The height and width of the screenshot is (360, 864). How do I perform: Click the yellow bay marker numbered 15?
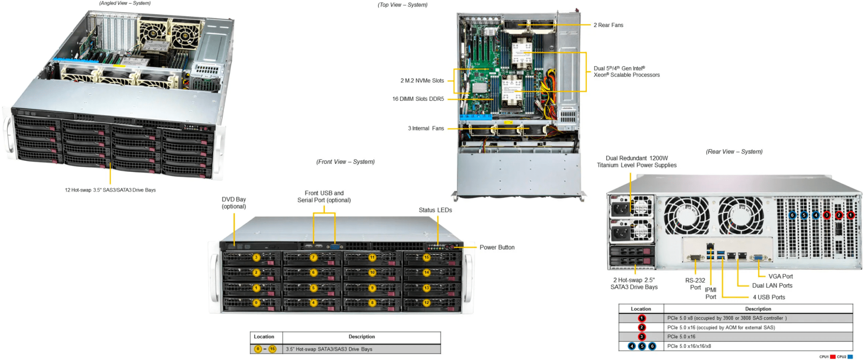click(x=427, y=257)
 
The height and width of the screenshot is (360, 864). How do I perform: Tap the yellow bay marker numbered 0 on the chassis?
click(x=256, y=303)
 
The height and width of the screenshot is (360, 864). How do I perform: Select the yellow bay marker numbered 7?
click(x=313, y=257)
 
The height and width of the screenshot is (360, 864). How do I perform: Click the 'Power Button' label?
click(x=497, y=247)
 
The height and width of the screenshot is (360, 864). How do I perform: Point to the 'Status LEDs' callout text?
click(x=435, y=210)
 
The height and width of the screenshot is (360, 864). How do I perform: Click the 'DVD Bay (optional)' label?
click(x=234, y=203)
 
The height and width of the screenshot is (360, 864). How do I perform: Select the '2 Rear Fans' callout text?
click(x=608, y=25)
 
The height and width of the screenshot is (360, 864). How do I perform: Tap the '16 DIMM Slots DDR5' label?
click(x=418, y=99)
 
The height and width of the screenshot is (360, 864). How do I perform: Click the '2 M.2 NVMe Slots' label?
click(x=422, y=81)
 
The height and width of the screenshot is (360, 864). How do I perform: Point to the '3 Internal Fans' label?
click(x=426, y=128)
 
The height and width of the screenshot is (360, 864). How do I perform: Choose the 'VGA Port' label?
click(x=780, y=276)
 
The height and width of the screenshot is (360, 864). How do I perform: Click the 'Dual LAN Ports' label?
click(x=772, y=286)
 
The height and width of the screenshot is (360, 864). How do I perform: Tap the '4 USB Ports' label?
click(x=769, y=297)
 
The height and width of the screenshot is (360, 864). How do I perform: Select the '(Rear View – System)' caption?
click(x=734, y=152)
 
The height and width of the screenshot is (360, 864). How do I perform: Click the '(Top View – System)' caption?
click(x=402, y=5)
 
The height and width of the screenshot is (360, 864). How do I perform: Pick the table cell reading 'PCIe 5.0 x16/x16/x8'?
click(x=689, y=346)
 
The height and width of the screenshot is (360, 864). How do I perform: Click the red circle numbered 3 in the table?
click(x=642, y=337)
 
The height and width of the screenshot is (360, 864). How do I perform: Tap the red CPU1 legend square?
click(x=833, y=357)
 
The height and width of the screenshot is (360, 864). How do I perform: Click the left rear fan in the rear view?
click(x=686, y=216)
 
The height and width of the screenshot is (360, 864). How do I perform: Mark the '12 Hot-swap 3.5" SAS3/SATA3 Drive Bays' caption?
click(x=110, y=190)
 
